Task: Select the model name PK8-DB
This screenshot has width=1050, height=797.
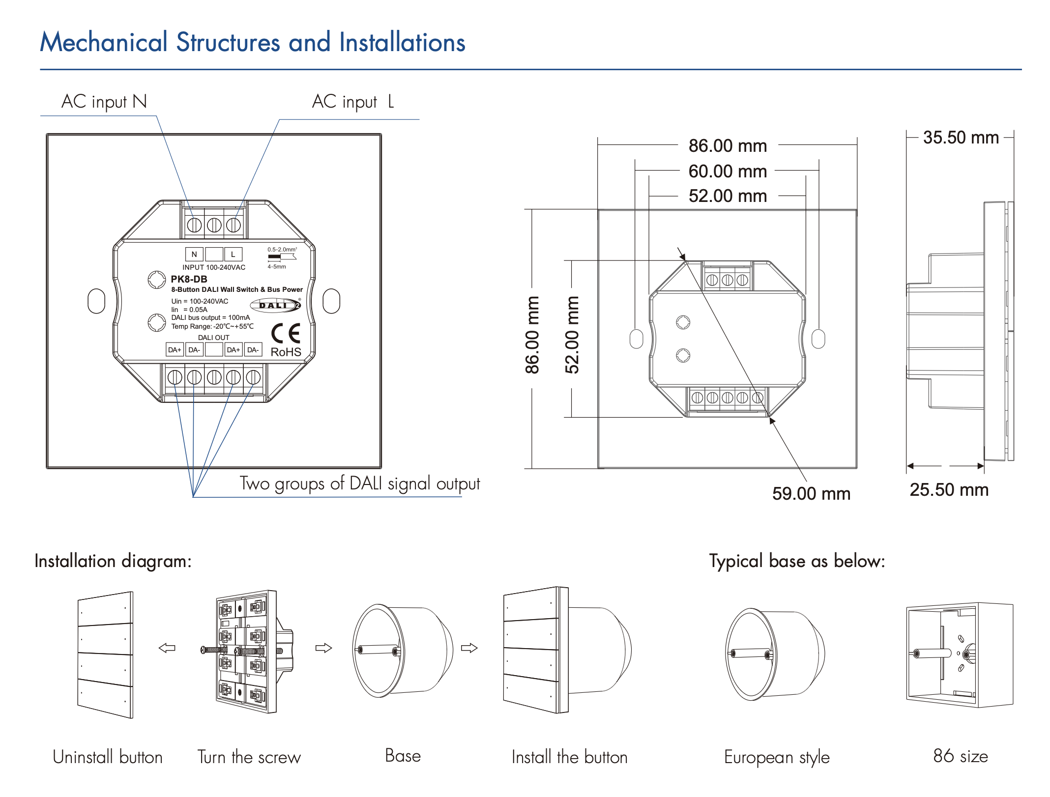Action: click(189, 279)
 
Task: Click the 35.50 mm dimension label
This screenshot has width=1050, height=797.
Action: click(961, 138)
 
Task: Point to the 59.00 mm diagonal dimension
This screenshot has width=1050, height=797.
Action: click(811, 493)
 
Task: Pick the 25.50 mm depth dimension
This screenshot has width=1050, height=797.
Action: click(949, 490)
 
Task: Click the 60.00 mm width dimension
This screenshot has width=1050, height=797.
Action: click(728, 171)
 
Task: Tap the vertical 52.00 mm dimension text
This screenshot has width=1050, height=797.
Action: click(572, 335)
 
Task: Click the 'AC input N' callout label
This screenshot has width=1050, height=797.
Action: click(104, 102)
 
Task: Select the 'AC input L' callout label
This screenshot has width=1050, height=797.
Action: click(353, 102)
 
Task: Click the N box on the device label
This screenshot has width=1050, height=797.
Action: click(194, 254)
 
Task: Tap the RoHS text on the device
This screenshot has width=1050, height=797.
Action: click(286, 352)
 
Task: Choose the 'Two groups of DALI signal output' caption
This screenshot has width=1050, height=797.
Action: click(359, 484)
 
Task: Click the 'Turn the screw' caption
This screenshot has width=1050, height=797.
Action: click(249, 757)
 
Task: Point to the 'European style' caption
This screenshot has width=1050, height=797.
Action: click(777, 757)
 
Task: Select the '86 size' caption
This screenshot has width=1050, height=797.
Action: click(960, 756)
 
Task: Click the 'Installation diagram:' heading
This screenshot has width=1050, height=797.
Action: click(113, 561)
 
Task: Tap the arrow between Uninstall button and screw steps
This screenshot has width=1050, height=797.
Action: click(167, 648)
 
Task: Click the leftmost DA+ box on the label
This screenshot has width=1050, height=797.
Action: click(175, 350)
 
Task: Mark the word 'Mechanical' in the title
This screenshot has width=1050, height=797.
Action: click(104, 42)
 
